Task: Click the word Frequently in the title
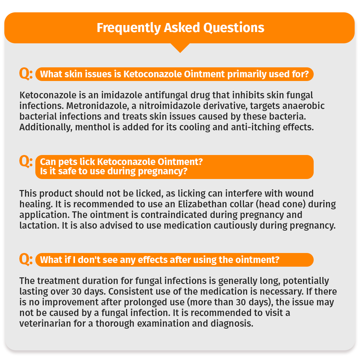click(128, 28)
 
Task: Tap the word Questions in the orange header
click(234, 28)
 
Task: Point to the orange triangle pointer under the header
click(180, 48)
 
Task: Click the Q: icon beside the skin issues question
click(26, 74)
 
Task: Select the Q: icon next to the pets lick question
click(26, 161)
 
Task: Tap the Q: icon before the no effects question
click(26, 259)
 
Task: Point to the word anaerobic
click(303, 106)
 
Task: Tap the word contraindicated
click(174, 215)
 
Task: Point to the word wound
click(299, 193)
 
